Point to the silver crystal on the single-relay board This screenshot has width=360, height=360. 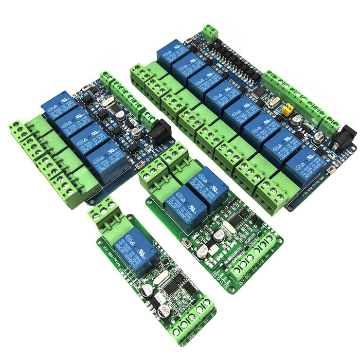[157, 281]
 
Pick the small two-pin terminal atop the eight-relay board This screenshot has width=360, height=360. [209, 33]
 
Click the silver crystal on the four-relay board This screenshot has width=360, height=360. [109, 103]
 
